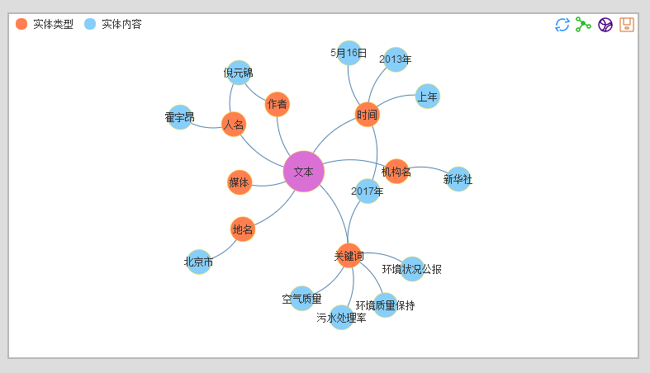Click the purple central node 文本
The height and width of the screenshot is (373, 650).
(303, 172)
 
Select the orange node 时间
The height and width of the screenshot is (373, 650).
(367, 115)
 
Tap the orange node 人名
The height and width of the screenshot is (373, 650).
(234, 125)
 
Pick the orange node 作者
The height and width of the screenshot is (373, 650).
(278, 104)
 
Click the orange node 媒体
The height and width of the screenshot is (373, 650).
(239, 182)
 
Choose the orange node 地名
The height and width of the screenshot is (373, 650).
(243, 229)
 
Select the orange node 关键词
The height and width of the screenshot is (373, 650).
(349, 256)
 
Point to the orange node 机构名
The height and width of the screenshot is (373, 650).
(396, 172)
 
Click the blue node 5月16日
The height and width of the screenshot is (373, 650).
(349, 53)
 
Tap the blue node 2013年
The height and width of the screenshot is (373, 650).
(396, 59)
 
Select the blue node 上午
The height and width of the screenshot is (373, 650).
(427, 96)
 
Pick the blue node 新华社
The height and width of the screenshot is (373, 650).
(458, 179)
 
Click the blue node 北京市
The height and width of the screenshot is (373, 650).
(199, 262)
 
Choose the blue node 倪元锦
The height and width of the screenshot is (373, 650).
(239, 73)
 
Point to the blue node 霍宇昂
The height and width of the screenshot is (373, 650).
(180, 117)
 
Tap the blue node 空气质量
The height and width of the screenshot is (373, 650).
(301, 299)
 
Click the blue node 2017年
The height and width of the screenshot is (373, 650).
(368, 191)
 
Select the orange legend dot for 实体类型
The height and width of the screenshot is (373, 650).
(21, 25)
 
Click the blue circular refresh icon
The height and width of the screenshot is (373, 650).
(562, 25)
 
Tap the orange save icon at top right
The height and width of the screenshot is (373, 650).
(627, 25)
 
